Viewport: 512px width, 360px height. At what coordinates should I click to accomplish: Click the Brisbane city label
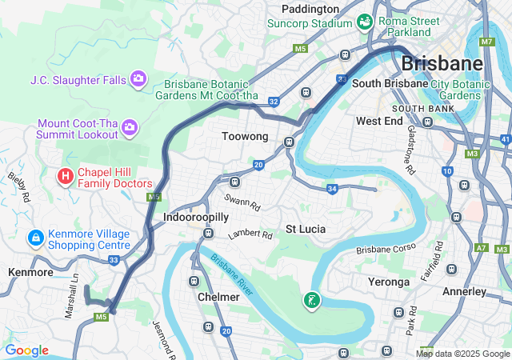tap(442, 62)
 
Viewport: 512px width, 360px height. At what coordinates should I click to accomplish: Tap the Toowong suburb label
tap(244, 137)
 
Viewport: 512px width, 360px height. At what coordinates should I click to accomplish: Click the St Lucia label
tap(306, 229)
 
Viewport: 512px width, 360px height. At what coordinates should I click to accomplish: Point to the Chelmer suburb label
tap(218, 297)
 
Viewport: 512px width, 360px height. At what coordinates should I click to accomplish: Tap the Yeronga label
tap(388, 282)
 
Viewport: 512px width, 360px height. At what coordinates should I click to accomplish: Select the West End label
tap(379, 121)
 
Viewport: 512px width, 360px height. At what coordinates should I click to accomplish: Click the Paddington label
tap(310, 9)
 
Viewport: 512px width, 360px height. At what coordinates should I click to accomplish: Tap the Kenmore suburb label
tap(30, 273)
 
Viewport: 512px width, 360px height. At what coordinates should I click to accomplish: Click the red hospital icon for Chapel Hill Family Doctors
tap(66, 174)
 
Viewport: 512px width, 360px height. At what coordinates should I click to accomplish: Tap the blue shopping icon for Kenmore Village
tap(35, 238)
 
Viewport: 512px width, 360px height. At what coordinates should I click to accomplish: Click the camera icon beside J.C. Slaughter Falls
tap(138, 78)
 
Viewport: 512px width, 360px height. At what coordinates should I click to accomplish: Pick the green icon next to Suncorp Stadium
tap(366, 21)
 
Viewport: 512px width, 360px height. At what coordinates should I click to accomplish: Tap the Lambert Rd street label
tap(250, 235)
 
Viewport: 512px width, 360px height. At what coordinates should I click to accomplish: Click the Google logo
tap(26, 350)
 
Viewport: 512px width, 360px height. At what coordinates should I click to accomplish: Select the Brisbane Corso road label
tap(386, 250)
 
